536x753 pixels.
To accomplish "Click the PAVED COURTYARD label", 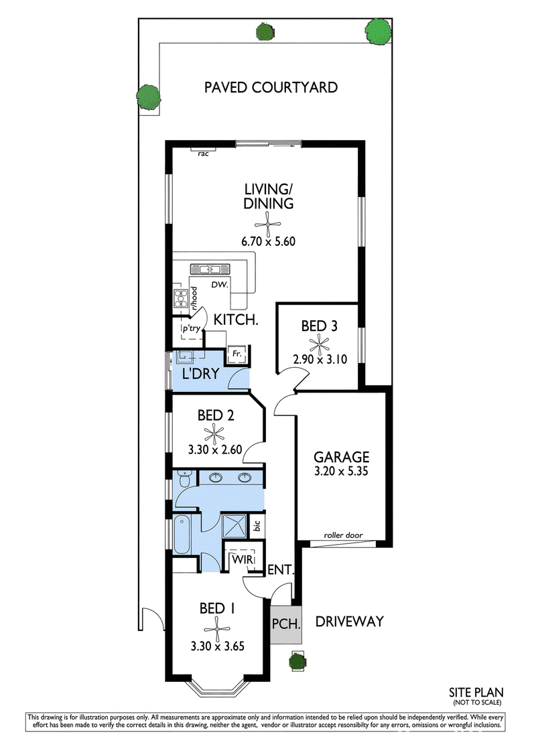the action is pyautogui.click(x=271, y=87).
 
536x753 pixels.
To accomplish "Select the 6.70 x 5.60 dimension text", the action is pyautogui.click(x=268, y=241).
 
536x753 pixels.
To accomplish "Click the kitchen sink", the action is pyautogui.click(x=205, y=269).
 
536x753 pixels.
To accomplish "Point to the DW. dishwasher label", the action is pyautogui.click(x=219, y=285).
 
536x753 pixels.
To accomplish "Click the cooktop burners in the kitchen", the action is pyautogui.click(x=181, y=299).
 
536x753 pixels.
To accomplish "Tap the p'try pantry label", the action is pyautogui.click(x=191, y=328).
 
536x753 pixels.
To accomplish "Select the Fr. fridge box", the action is pyautogui.click(x=237, y=354).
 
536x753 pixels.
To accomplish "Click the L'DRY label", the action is pyautogui.click(x=201, y=373).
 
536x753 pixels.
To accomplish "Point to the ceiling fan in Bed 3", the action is pyautogui.click(x=319, y=344).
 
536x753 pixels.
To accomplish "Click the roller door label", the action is pyautogui.click(x=343, y=535).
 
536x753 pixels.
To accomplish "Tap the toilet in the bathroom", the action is pyautogui.click(x=184, y=479).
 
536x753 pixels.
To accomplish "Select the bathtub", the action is pyautogui.click(x=182, y=534).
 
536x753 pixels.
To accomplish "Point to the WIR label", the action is pyautogui.click(x=242, y=559).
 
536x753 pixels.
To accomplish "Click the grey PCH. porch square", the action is pyautogui.click(x=286, y=624).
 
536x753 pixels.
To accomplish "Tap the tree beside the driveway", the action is pyautogui.click(x=297, y=662).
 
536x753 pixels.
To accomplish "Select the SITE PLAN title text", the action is pyautogui.click(x=476, y=693).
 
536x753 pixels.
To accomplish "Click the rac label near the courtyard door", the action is pyautogui.click(x=203, y=154).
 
